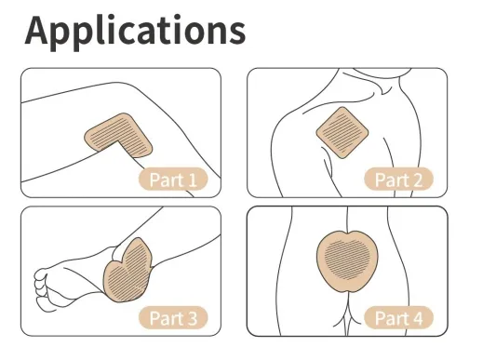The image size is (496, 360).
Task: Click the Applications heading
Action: click(x=135, y=30)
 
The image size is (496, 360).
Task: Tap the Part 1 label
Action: click(x=172, y=180)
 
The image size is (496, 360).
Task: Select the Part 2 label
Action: click(x=397, y=180)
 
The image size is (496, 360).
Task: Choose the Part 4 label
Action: click(x=397, y=318)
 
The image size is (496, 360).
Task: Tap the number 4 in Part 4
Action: click(x=416, y=318)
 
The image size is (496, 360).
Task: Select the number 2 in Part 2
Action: click(x=416, y=180)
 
